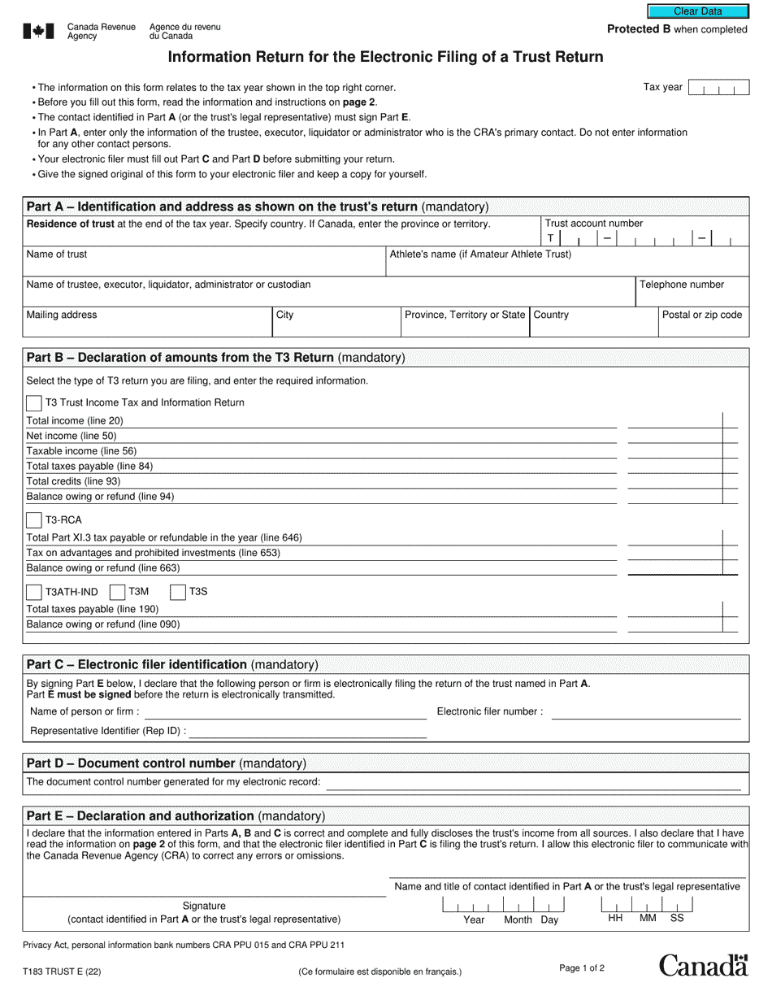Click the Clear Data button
point(697,11)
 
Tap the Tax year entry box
point(718,88)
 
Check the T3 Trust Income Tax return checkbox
point(35,403)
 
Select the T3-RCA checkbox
point(35,520)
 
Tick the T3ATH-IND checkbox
point(35,592)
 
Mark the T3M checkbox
point(117,592)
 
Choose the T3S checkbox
point(178,592)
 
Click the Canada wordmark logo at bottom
point(703,965)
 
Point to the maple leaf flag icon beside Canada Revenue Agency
point(38,32)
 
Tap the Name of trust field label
point(57,254)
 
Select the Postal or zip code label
point(701,315)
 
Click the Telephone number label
point(681,285)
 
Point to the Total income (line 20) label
point(75,421)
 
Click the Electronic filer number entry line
point(646,712)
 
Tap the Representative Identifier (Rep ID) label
point(108,731)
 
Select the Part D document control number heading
point(167,763)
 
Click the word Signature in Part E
point(204,906)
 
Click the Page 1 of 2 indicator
point(582,967)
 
